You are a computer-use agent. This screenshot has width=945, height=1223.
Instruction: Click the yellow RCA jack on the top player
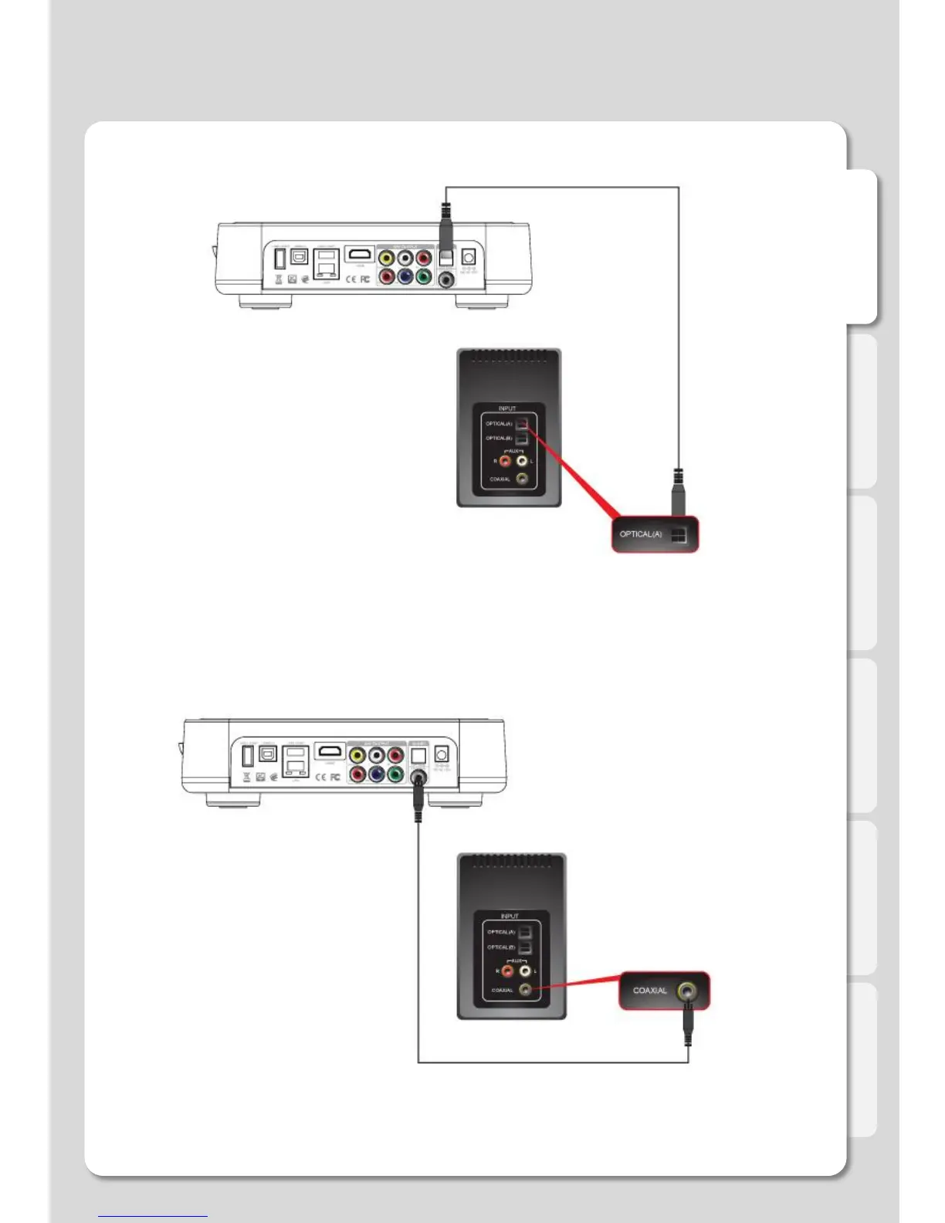coord(386,258)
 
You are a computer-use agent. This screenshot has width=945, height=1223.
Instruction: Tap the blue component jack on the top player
coord(405,276)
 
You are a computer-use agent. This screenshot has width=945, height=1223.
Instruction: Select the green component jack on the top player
coord(423,276)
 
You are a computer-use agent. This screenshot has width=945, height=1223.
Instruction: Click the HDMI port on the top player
coord(359,254)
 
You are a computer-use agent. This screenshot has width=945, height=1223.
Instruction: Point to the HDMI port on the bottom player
coord(330,750)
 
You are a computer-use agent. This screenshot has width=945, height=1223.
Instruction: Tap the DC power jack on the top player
coord(468,257)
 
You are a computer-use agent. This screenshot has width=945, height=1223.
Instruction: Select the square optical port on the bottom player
coord(418,755)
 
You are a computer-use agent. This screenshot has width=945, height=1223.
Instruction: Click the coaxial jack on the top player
coord(446,279)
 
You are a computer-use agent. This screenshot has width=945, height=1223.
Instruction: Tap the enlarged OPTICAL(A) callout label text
coord(641,534)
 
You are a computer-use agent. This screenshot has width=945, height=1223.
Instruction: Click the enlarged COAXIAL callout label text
coord(650,991)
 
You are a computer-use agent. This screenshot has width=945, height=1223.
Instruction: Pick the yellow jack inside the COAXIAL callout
coord(686,991)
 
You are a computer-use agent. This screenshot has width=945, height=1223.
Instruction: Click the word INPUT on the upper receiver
coord(507,408)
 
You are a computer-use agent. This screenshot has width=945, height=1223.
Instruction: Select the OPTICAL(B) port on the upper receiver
coord(522,439)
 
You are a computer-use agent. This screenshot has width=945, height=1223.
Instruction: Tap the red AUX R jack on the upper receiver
coord(505,461)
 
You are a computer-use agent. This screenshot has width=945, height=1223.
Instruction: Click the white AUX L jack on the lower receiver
coord(526,971)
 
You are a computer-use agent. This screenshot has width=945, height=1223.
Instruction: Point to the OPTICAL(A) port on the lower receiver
coord(524,932)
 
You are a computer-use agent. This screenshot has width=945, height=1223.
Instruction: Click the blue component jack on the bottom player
coord(377,774)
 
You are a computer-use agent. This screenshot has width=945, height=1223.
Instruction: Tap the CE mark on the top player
coord(351,279)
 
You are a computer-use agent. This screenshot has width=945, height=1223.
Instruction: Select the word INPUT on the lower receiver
coord(510,916)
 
